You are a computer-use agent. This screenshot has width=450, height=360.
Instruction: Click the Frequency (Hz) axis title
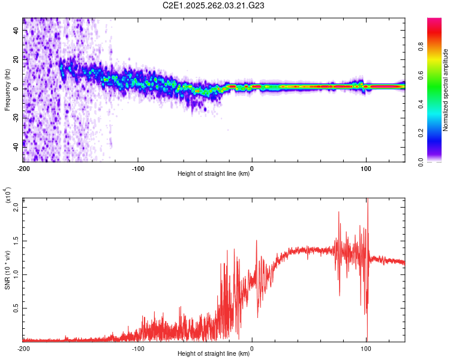click(7, 90)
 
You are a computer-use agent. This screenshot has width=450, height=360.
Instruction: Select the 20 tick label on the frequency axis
click(16, 60)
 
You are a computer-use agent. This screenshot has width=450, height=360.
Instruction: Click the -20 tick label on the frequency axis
click(16, 118)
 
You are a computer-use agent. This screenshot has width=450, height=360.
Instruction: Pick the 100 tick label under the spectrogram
click(365, 169)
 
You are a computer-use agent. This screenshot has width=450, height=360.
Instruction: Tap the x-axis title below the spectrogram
click(214, 175)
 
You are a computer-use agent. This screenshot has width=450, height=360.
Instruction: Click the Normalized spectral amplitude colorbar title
click(446, 90)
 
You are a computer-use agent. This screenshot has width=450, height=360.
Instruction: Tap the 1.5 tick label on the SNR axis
click(16, 240)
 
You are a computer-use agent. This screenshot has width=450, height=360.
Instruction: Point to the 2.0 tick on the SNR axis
click(16, 206)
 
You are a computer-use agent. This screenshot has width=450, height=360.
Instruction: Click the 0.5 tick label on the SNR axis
click(16, 308)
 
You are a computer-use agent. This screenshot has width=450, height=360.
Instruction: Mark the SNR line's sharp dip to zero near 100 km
click(367, 340)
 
